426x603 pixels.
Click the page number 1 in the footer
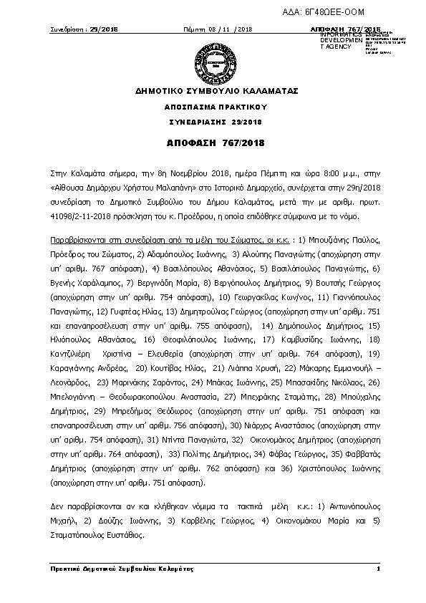[377, 568]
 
